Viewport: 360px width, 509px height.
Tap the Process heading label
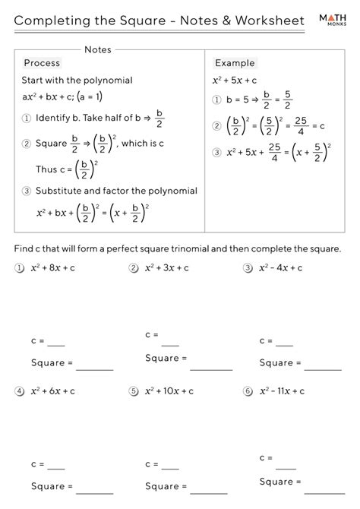[x=42, y=63]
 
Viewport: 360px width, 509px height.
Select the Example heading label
[x=235, y=63]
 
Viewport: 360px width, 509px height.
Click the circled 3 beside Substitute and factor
[x=27, y=191]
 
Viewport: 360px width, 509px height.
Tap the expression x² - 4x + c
[x=281, y=267]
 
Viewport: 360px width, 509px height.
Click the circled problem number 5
[x=133, y=392]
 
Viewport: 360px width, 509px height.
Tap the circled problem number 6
[x=248, y=392]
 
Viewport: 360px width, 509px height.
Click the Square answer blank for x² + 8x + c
[x=94, y=365]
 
